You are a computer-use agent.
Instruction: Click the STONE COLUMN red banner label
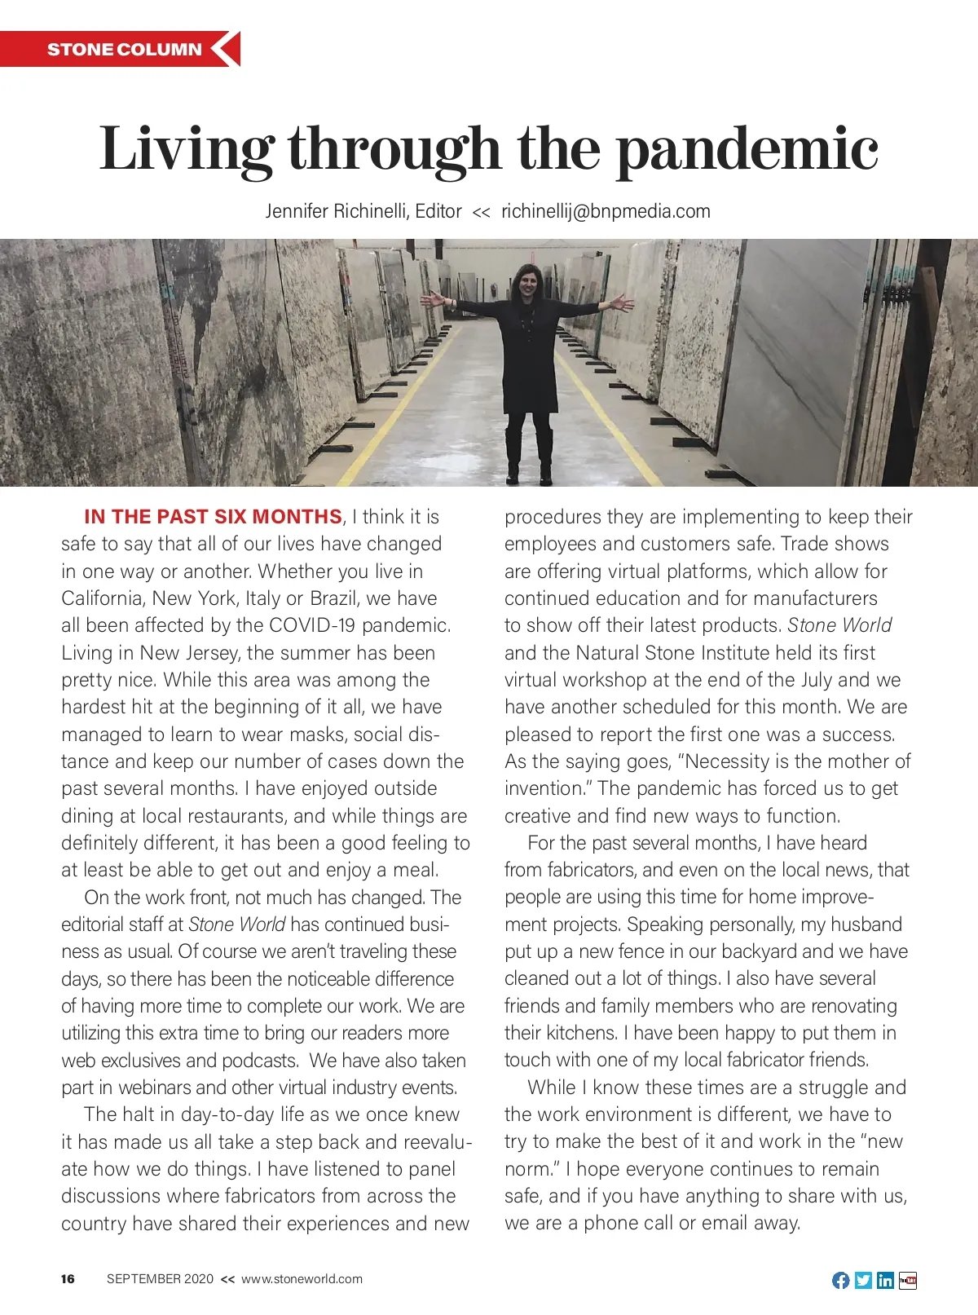point(124,49)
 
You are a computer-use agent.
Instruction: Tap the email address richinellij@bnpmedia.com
point(606,211)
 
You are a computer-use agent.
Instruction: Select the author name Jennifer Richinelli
point(337,211)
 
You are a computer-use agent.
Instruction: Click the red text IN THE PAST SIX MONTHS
point(213,517)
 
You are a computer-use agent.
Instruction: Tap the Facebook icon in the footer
point(840,1280)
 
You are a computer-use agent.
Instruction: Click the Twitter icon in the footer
point(863,1280)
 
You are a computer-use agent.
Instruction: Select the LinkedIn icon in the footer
point(885,1280)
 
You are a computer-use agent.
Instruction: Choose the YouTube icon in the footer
point(908,1280)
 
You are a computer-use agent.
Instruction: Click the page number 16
point(68,1279)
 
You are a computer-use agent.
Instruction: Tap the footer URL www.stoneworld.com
point(302,1279)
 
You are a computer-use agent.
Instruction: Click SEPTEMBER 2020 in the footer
point(160,1279)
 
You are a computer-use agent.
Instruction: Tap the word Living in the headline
point(186,150)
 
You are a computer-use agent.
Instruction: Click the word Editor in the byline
point(438,211)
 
